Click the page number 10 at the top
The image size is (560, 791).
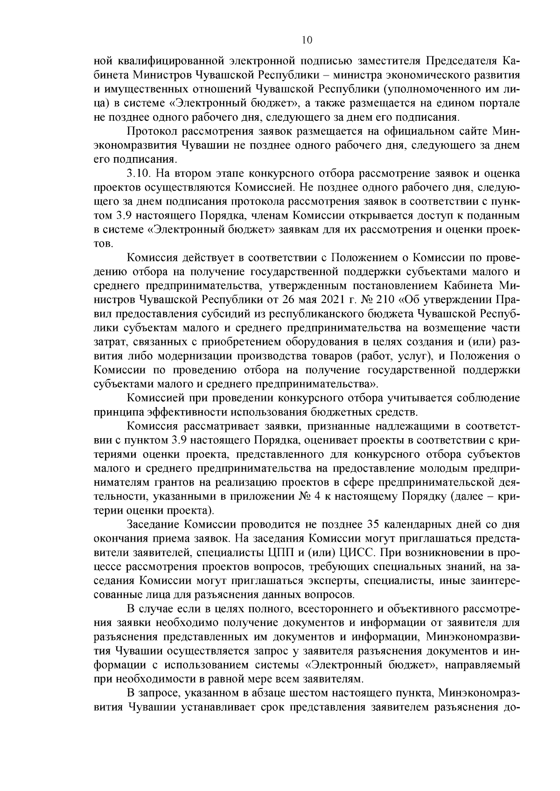coord(307,40)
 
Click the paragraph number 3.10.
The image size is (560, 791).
coord(138,174)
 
